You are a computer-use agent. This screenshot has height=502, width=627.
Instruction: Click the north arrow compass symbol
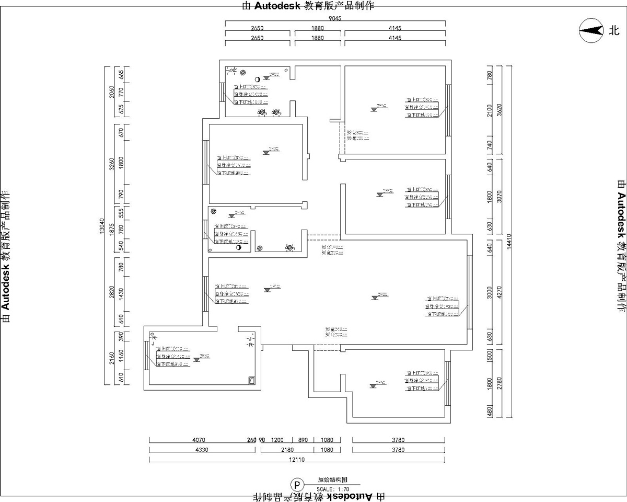(590, 31)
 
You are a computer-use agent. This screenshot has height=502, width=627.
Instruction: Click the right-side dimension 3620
(500, 110)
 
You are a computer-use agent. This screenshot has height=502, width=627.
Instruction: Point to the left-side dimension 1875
(111, 229)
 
